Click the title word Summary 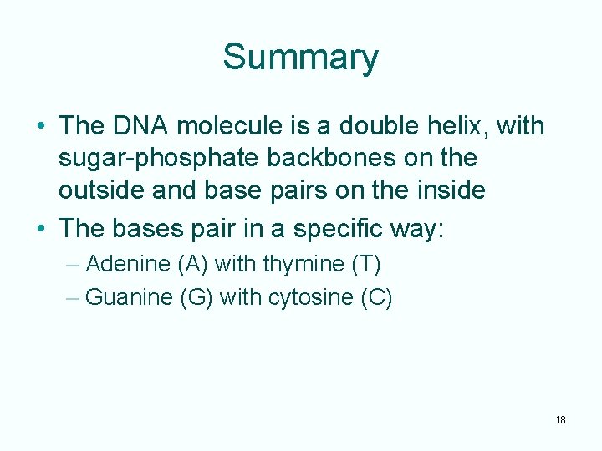coord(300,58)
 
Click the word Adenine coord(128,265)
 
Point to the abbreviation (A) coord(193,265)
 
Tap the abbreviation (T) coord(366,265)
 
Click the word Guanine coord(130,297)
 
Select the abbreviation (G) coord(197,297)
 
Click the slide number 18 coord(560,419)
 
